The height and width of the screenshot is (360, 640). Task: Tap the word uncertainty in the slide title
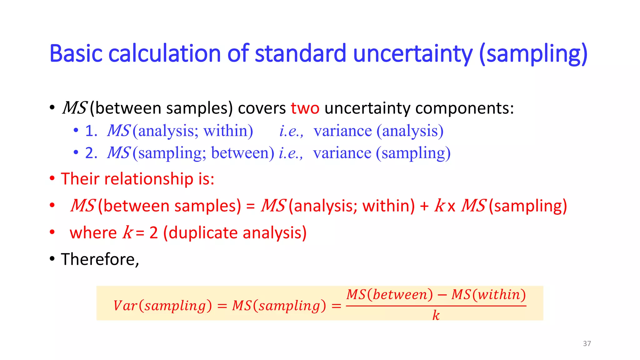pos(412,54)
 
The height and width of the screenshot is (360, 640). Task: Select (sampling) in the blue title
pos(533,54)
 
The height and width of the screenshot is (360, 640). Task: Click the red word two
pos(305,108)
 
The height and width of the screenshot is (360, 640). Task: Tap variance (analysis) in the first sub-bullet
pos(378,131)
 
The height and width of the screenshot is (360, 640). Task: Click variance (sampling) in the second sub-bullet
pos(382,153)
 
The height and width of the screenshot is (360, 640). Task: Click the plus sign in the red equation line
pos(424,206)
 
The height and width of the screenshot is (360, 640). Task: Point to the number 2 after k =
pos(153,233)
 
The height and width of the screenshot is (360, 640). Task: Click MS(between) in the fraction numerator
pos(390,294)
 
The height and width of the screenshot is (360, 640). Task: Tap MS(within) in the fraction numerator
pos(488,294)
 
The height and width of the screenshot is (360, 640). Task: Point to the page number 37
pos(587,343)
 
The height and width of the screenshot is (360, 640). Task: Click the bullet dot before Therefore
pos(52,259)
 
